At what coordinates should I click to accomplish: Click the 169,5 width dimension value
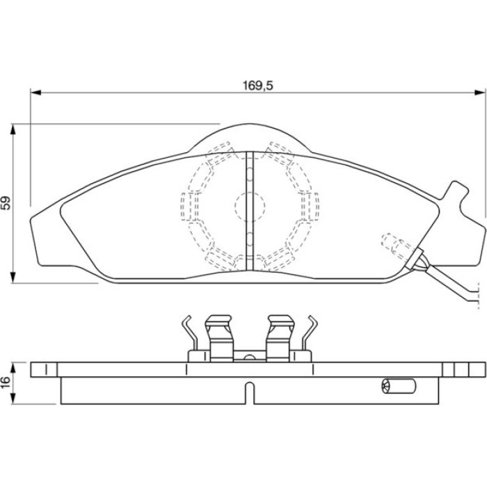coord(258,86)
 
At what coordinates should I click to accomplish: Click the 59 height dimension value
coord(6,203)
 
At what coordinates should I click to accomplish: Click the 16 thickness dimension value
coord(6,383)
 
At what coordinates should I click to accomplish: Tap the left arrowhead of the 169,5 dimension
coord(35,93)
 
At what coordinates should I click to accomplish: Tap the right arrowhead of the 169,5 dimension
coord(480,93)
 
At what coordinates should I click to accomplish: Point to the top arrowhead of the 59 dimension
coord(13,129)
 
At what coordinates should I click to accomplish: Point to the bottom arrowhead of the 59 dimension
coord(13,278)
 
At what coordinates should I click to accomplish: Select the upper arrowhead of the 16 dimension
coord(13,367)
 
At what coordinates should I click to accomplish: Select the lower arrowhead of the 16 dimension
coord(13,399)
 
